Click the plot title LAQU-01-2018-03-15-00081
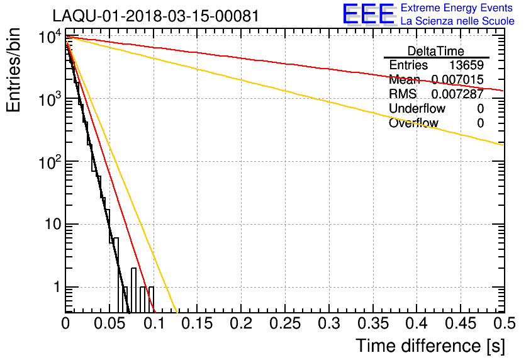coord(155,16)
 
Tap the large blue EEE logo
coord(369,14)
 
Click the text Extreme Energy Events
coord(457,8)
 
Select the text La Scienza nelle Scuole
coord(457,21)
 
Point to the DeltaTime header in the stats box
coord(435,51)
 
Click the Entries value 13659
coord(466,65)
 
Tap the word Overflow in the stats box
coord(413,123)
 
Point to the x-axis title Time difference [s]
coord(429,346)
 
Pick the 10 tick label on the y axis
coord(48,225)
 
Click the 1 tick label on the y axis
coord(55,288)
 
